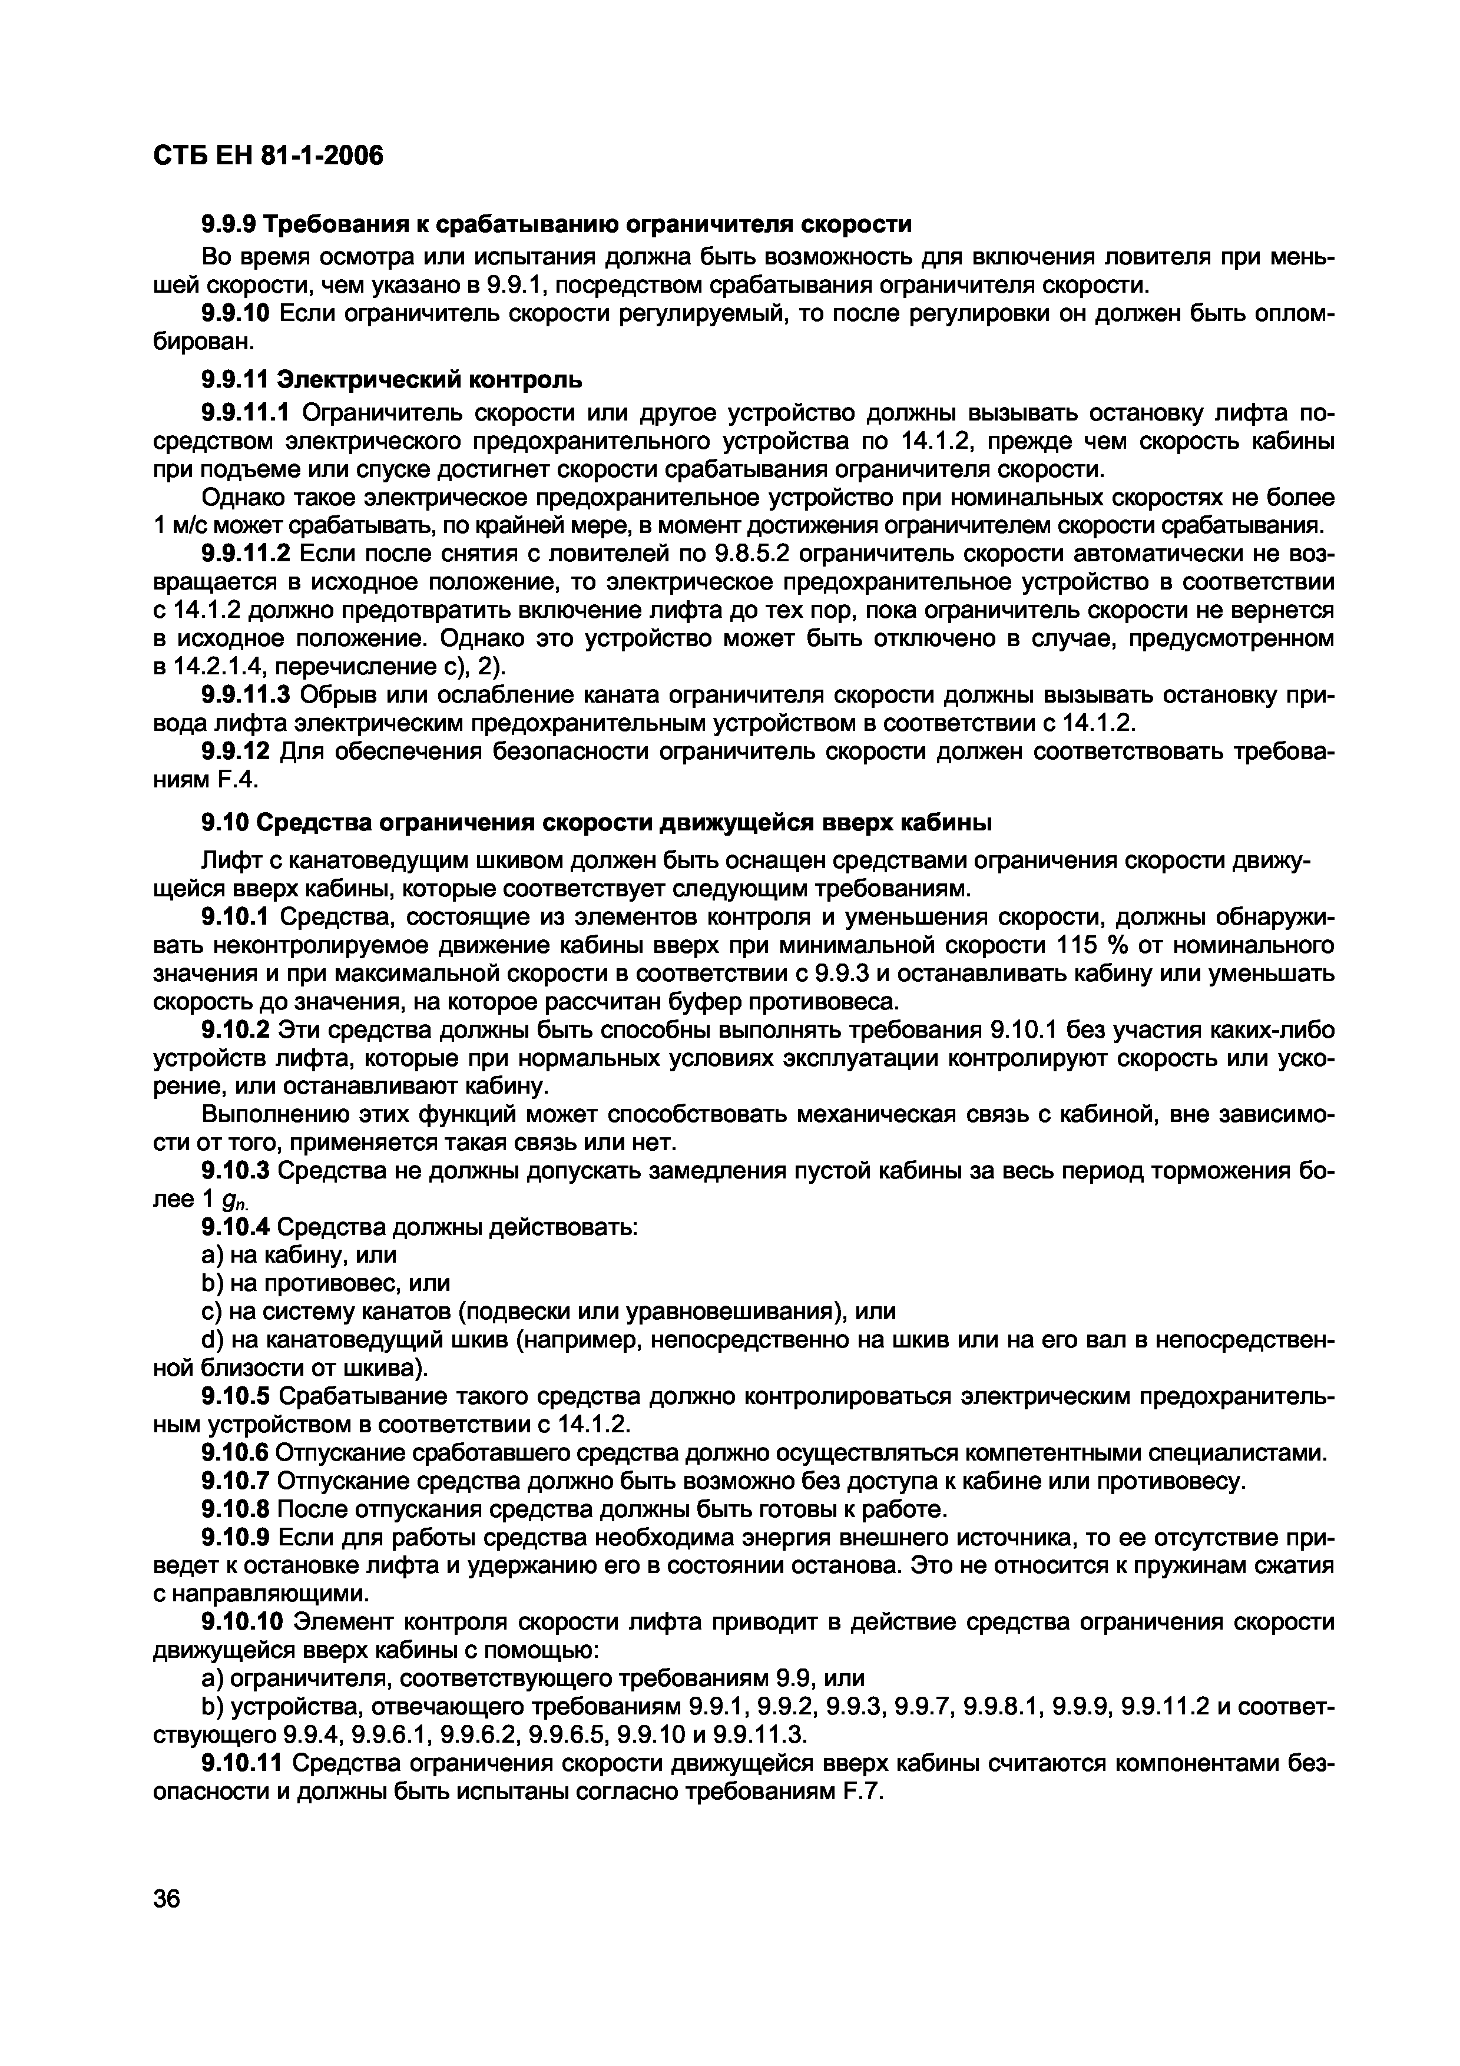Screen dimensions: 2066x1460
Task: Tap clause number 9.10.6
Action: (235, 1452)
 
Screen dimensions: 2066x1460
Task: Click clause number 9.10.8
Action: (235, 1508)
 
